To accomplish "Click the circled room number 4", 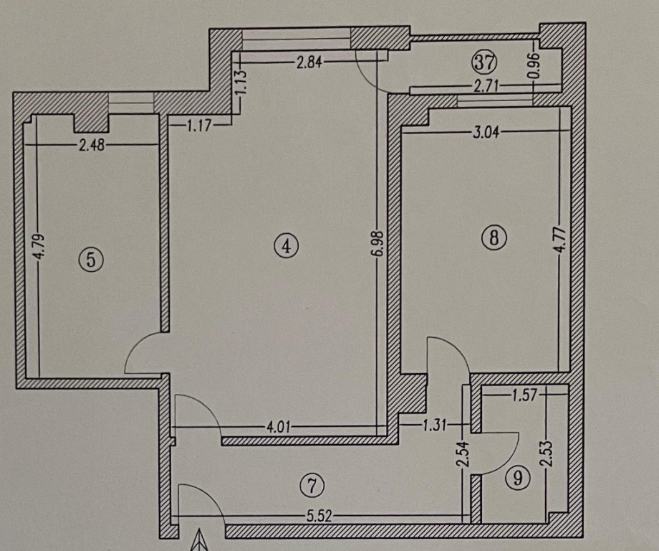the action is (x=286, y=245).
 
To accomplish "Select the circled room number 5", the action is (x=91, y=259).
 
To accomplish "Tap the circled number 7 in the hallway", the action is (x=312, y=486).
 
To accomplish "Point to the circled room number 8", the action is (x=494, y=237).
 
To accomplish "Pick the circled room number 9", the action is (x=518, y=478).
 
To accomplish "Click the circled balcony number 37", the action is (x=485, y=62).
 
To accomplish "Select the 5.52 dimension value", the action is (x=319, y=516).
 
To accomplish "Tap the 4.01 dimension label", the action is (x=278, y=428).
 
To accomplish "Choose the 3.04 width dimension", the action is (x=486, y=133).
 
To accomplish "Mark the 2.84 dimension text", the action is (x=309, y=63).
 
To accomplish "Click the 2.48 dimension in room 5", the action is (x=92, y=146).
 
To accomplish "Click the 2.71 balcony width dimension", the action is (x=486, y=87).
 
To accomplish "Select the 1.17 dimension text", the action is (x=198, y=125).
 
